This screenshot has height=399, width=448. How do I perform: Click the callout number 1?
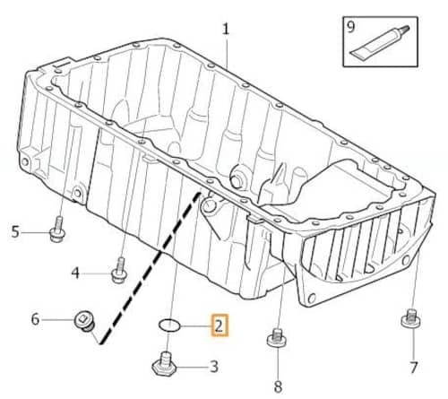click(226, 30)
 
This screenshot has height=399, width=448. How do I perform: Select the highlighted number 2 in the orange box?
click(220, 325)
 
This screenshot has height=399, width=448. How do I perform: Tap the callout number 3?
click(214, 366)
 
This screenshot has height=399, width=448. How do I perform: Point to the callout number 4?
click(75, 273)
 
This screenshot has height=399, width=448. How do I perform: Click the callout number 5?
click(15, 232)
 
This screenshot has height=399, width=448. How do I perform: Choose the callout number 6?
click(35, 319)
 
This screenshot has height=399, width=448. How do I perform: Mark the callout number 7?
click(413, 368)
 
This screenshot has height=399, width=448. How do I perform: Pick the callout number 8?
click(278, 386)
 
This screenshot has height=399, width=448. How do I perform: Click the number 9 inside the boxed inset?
click(350, 27)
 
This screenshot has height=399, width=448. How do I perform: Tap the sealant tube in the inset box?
click(379, 42)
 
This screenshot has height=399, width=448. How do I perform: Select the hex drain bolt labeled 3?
click(164, 364)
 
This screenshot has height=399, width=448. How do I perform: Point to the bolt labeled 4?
click(120, 271)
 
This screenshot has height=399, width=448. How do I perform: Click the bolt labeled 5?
click(57, 230)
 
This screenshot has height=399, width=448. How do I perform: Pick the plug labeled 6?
click(85, 322)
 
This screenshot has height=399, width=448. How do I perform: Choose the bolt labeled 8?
click(277, 338)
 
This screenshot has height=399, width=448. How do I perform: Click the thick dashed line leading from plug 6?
click(151, 268)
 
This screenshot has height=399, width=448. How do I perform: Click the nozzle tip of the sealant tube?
click(407, 28)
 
